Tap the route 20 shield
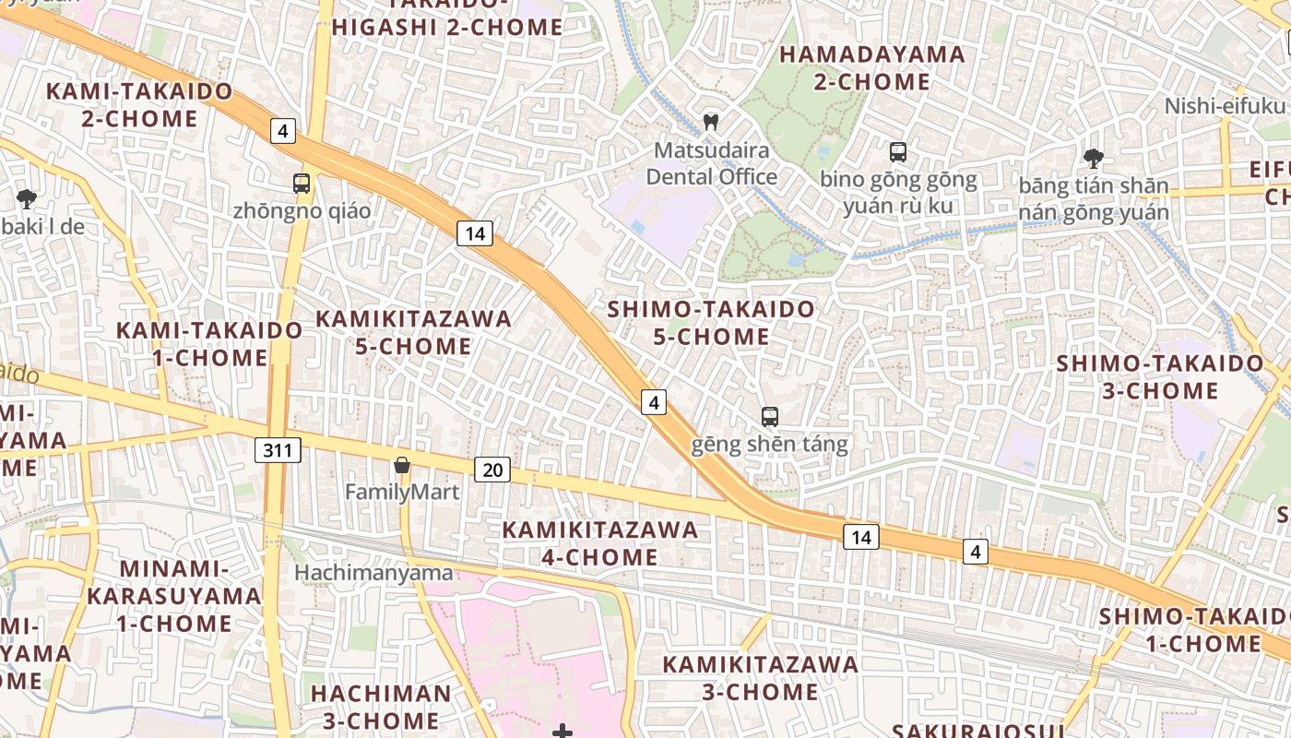click(x=492, y=470)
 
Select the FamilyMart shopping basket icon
click(x=401, y=465)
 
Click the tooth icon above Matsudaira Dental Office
click(x=710, y=121)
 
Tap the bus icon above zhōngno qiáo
click(x=302, y=183)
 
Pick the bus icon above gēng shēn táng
click(x=770, y=416)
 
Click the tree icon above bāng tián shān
click(x=1093, y=158)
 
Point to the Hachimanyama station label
click(x=373, y=573)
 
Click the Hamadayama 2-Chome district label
click(x=871, y=67)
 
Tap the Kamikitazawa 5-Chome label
click(x=413, y=332)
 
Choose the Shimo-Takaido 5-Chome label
click(x=711, y=322)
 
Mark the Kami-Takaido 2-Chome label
click(x=139, y=104)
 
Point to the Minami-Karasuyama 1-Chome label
click(x=174, y=595)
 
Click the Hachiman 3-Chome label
click(x=381, y=706)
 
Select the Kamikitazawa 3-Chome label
click(x=760, y=677)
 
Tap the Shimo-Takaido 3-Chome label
click(x=1160, y=376)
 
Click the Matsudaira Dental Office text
click(x=711, y=162)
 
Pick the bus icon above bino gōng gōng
click(x=897, y=152)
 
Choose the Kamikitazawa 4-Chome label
click(x=599, y=543)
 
